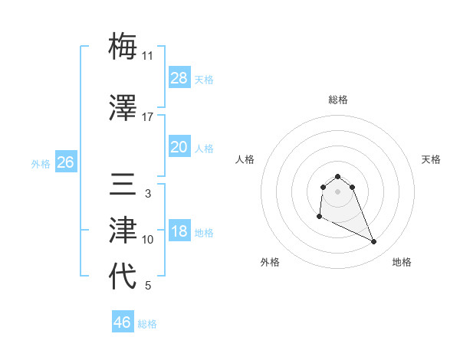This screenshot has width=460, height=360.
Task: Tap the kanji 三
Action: pyautogui.click(x=123, y=185)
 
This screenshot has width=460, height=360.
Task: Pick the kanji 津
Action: pyautogui.click(x=123, y=230)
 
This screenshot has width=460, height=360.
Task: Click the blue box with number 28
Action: pyautogui.click(x=179, y=78)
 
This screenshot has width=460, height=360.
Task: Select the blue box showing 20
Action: pyautogui.click(x=179, y=147)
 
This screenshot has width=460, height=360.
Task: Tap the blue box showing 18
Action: pyautogui.click(x=179, y=232)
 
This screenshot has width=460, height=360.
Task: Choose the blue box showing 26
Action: pyautogui.click(x=65, y=162)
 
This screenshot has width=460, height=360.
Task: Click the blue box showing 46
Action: pyautogui.click(x=123, y=322)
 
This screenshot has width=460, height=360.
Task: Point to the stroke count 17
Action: pyautogui.click(x=148, y=117)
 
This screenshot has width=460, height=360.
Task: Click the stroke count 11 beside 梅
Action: pyautogui.click(x=148, y=56)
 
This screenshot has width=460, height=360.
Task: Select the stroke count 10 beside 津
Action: pyautogui.click(x=148, y=240)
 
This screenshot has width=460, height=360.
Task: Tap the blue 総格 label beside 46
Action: pyautogui.click(x=147, y=324)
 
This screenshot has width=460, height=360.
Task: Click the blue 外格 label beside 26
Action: pyautogui.click(x=41, y=163)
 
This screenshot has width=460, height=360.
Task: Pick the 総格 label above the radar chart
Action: pyautogui.click(x=337, y=100)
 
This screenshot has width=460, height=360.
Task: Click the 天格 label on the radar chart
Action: pyautogui.click(x=431, y=159)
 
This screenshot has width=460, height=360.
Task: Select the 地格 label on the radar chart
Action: pyautogui.click(x=402, y=262)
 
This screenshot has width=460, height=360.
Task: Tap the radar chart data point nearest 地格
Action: pyautogui.click(x=374, y=242)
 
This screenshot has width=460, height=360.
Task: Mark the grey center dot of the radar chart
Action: pyautogui.click(x=337, y=191)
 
